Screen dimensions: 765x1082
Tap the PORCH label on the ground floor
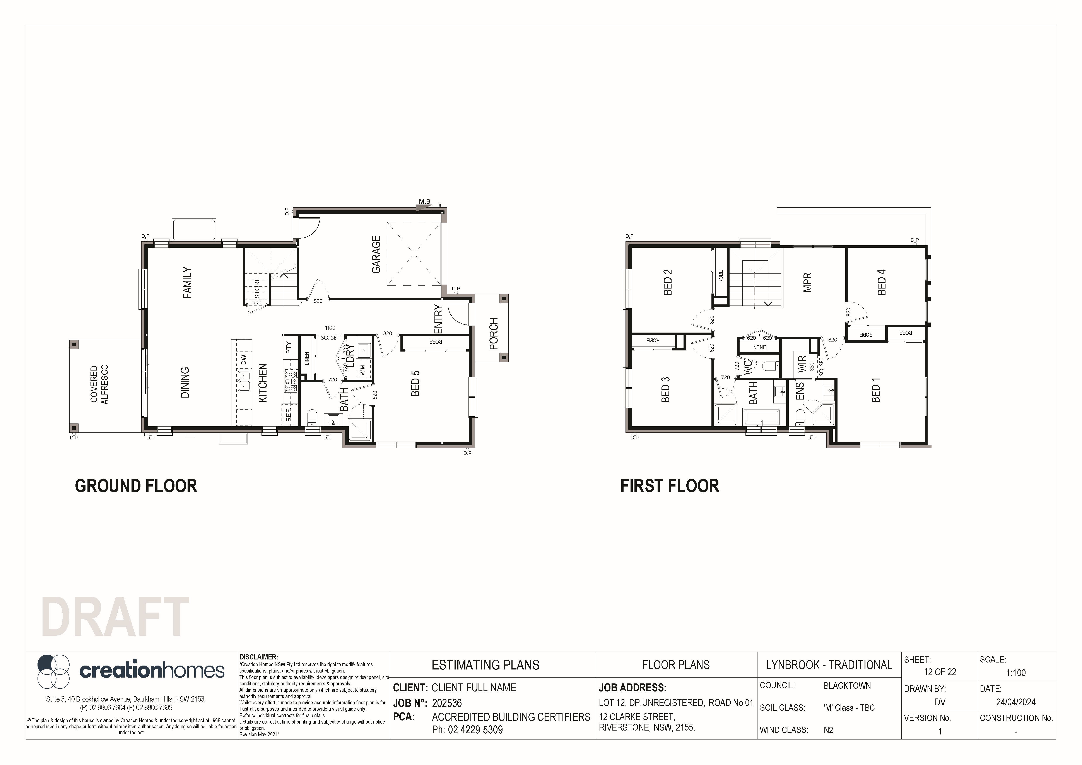pyautogui.click(x=493, y=334)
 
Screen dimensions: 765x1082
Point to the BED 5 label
pyautogui.click(x=415, y=383)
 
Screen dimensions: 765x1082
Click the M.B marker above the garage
pyautogui.click(x=425, y=202)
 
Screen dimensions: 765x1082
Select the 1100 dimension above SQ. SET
pyautogui.click(x=330, y=328)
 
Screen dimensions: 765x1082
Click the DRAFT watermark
pyautogui.click(x=115, y=617)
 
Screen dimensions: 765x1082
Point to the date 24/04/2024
pyautogui.click(x=1015, y=702)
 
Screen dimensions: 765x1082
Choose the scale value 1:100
pyautogui.click(x=1015, y=673)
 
